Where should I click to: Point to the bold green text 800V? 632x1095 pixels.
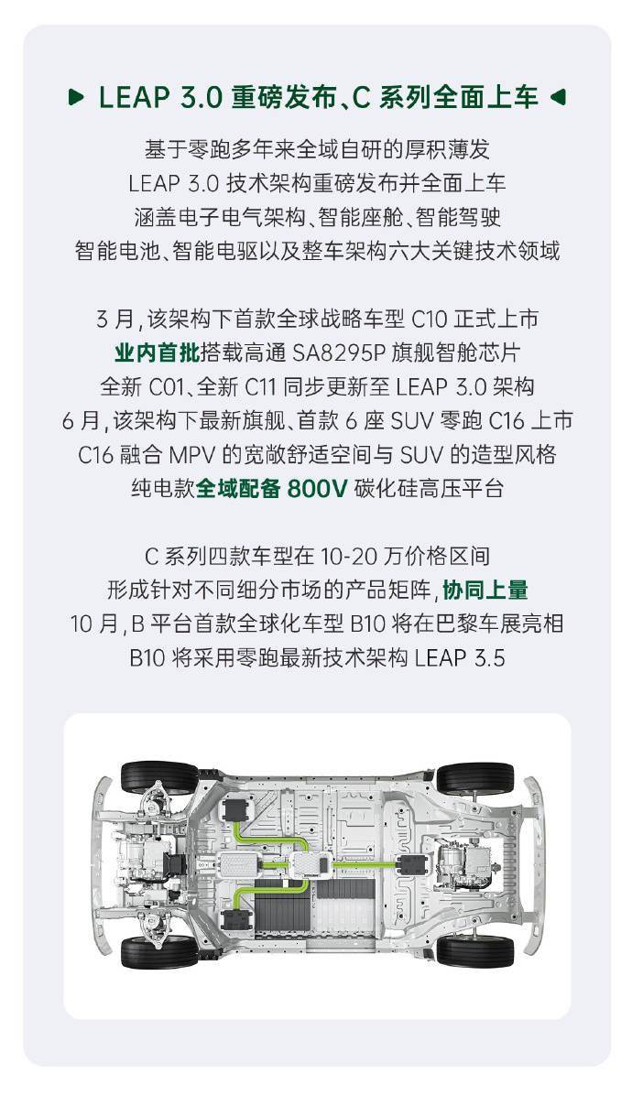click(317, 488)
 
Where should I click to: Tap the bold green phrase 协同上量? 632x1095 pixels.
click(485, 589)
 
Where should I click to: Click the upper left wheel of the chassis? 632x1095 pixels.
click(158, 778)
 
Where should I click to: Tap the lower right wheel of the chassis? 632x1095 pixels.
click(474, 949)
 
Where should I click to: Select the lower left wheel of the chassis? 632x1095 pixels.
click(158, 949)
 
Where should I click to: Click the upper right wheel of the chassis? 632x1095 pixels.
click(474, 778)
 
